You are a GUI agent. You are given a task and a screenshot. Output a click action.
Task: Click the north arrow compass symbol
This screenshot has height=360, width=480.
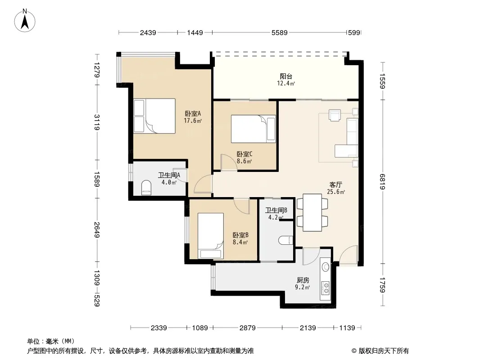pos(25,21)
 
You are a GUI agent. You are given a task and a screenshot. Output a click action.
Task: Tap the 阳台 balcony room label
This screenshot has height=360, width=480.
pos(286,76)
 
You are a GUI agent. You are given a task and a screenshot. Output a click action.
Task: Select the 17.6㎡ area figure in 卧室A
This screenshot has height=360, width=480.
pos(193,121)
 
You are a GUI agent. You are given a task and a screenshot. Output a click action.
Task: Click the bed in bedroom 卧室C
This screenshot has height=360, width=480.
pos(254,129)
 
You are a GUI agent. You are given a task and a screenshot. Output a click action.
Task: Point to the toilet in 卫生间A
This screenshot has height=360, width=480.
pos(146,188)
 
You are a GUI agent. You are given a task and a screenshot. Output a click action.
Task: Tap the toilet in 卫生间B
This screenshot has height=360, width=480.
pos(285,240)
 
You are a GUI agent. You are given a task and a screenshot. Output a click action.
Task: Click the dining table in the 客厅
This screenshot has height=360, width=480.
pos(312,212)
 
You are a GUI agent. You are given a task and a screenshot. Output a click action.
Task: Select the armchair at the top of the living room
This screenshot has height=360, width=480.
pos(335,115)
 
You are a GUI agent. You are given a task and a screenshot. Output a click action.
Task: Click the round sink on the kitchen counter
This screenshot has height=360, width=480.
pos(326,267)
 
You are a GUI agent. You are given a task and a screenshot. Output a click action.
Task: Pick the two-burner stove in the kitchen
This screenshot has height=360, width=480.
pos(326,288)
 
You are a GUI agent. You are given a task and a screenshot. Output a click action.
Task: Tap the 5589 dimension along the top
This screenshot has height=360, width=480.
pos(280,32)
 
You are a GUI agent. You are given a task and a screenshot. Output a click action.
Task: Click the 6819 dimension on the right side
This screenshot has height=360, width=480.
pos(382,182)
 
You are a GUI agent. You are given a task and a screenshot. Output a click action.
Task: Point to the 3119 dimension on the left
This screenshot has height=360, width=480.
pos(97,122)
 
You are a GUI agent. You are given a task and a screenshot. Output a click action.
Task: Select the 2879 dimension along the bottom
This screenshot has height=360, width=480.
pos(247,328)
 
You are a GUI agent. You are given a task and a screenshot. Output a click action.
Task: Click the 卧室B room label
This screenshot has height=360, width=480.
pos(240,235)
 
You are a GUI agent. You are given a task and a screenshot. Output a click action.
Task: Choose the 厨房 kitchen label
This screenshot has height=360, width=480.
pos(303,280)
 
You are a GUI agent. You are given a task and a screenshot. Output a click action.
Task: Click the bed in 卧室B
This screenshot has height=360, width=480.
pos(211,236)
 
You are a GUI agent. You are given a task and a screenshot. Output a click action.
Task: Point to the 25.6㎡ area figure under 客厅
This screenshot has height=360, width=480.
pos(336,192)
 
